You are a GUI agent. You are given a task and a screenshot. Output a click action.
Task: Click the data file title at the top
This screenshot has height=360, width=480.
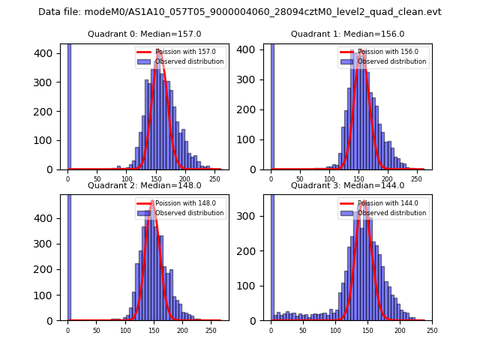(240, 12)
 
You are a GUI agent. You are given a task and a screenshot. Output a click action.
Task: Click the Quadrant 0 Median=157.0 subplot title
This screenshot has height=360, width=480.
(145, 34)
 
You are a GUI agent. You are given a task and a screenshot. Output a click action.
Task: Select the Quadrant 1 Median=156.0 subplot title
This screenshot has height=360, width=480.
(348, 34)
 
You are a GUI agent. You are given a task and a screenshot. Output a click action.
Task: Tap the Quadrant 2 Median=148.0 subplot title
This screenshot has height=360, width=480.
(145, 185)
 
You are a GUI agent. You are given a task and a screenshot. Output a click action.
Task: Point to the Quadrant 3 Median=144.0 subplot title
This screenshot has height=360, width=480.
(348, 185)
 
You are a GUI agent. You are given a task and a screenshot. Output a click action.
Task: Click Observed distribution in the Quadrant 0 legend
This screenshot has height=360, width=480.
(189, 61)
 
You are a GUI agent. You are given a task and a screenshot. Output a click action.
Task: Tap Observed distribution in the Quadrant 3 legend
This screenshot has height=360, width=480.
(391, 213)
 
